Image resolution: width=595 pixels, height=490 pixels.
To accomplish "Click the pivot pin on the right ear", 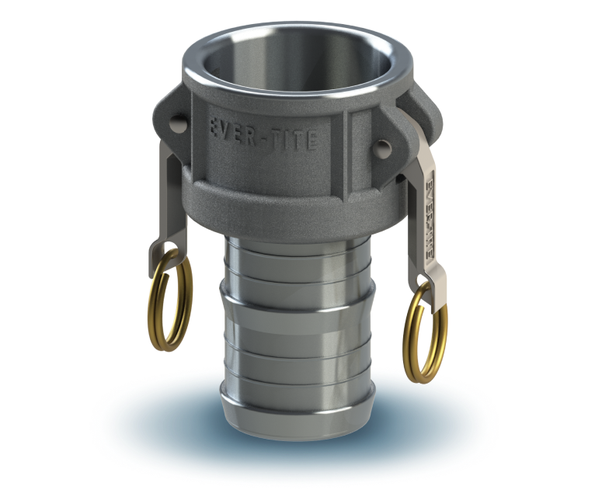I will [383, 146].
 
